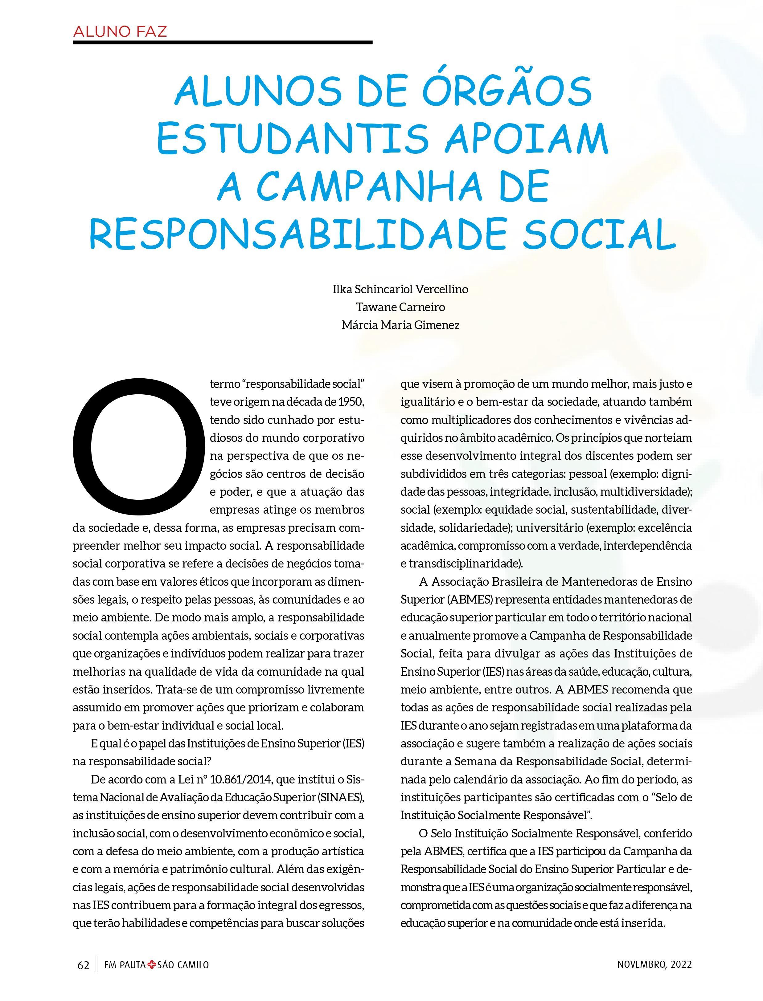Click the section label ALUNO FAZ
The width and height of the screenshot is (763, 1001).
120,32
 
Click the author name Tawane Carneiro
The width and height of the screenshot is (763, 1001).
400,307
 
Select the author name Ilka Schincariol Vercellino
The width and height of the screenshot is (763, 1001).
400,289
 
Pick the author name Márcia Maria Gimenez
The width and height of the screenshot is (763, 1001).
400,325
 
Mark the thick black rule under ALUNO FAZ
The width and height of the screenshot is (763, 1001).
223,43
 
